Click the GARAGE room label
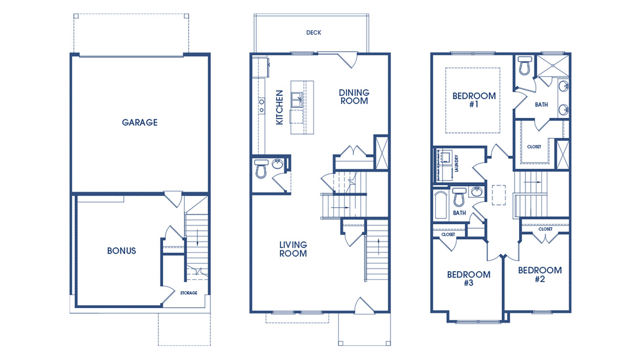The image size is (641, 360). click(x=139, y=123)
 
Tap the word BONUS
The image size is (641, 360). click(x=121, y=251)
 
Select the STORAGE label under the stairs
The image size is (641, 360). click(x=189, y=293)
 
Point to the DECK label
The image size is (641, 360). click(x=313, y=33)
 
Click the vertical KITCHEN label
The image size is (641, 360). click(x=280, y=107)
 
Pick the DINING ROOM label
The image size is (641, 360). click(x=354, y=97)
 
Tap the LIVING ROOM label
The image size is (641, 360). click(x=293, y=249)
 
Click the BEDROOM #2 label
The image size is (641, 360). click(x=540, y=274)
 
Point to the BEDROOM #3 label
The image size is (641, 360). click(x=469, y=279)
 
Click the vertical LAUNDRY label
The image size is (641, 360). click(x=457, y=164)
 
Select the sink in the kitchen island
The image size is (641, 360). click(x=297, y=100)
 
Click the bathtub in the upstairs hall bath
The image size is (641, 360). click(x=441, y=204)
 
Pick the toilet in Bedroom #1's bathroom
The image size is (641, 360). click(x=524, y=66)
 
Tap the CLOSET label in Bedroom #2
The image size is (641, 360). click(x=545, y=229)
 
